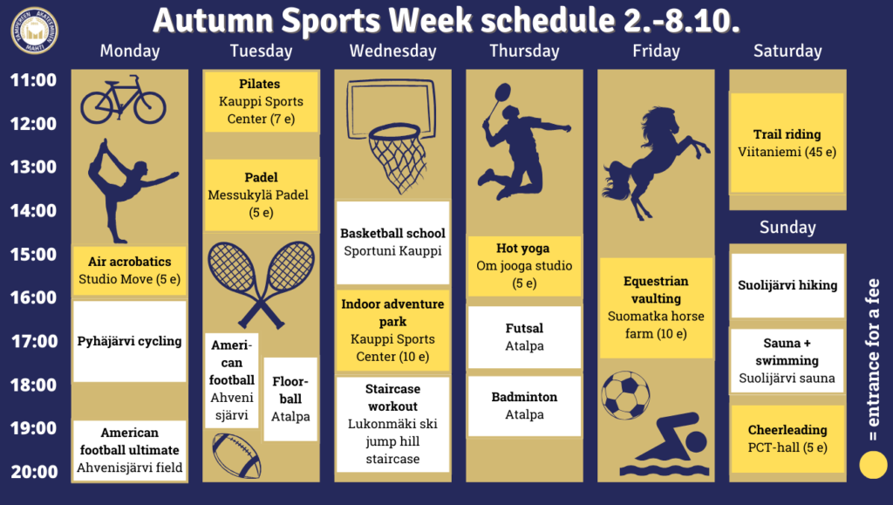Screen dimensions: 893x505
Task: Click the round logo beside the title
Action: click(x=34, y=31)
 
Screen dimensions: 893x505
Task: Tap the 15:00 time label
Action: click(x=34, y=254)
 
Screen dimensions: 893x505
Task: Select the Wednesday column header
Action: click(x=393, y=51)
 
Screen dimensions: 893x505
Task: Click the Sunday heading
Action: click(x=787, y=227)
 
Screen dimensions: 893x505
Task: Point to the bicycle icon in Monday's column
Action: click(x=123, y=100)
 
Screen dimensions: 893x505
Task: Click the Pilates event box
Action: click(x=262, y=101)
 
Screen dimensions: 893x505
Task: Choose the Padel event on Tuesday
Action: click(x=262, y=194)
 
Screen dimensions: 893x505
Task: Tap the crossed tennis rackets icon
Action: click(x=262, y=284)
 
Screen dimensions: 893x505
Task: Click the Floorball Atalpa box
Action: click(x=290, y=399)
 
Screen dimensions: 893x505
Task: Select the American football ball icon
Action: click(x=236, y=455)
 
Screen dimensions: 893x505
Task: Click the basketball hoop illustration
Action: click(x=392, y=135)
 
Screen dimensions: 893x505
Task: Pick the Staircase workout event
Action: click(x=393, y=424)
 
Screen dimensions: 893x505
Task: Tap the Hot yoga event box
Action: click(x=524, y=266)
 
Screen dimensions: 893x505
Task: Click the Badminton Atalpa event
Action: click(x=524, y=406)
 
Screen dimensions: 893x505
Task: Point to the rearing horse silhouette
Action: click(x=656, y=163)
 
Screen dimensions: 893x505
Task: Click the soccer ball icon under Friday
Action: click(x=625, y=395)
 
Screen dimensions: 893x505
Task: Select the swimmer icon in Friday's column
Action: click(x=665, y=444)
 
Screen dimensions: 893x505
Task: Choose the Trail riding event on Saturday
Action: click(x=787, y=143)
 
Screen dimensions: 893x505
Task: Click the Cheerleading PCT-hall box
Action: click(x=787, y=439)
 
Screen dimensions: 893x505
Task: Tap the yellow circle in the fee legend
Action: click(x=873, y=465)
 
